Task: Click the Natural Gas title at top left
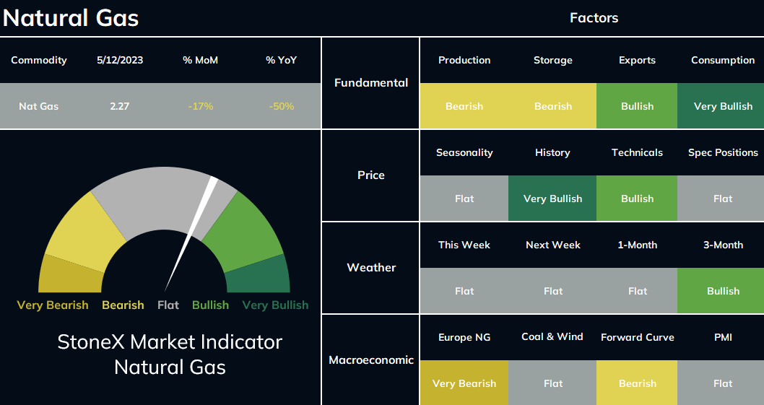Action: (71, 18)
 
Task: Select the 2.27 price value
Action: (119, 106)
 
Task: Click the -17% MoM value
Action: (200, 106)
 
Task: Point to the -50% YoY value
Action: (281, 106)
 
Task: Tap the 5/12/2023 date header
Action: (120, 61)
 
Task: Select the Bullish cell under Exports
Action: (637, 105)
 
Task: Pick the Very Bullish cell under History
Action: (552, 199)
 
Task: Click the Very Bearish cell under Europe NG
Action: (464, 383)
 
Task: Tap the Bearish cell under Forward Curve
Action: (637, 383)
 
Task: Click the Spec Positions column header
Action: (723, 152)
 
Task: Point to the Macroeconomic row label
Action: (371, 360)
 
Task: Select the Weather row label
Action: (371, 268)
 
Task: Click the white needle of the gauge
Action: (191, 233)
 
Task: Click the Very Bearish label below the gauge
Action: (53, 305)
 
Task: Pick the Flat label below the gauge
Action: (168, 305)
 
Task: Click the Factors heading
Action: (594, 18)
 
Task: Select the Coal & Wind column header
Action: (552, 336)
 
